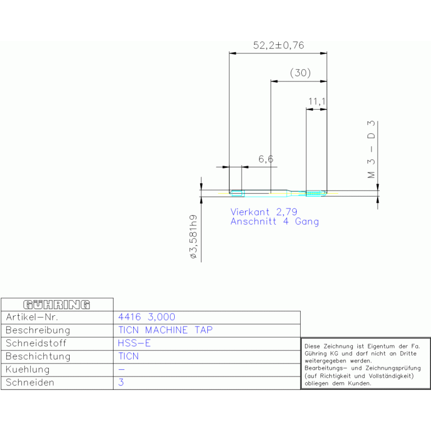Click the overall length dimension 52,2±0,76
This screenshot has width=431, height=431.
[x=279, y=46]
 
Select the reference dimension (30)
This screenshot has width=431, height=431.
[x=300, y=73]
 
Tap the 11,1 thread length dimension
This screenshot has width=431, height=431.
[x=317, y=101]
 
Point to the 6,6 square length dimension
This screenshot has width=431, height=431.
[x=266, y=159]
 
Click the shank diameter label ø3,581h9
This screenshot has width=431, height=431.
[x=193, y=237]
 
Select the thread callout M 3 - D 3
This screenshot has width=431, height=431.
[x=371, y=149]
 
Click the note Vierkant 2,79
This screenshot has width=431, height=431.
[x=264, y=212]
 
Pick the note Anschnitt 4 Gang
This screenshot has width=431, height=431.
[x=275, y=221]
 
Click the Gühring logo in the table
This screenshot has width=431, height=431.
[x=57, y=305]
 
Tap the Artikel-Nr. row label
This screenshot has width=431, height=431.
[x=32, y=317]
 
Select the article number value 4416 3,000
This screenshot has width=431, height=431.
[x=147, y=317]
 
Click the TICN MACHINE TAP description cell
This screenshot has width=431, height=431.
[x=165, y=330]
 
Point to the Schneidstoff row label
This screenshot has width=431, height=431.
[x=36, y=343]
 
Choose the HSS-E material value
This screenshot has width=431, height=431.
[x=134, y=343]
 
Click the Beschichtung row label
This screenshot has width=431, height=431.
[x=38, y=356]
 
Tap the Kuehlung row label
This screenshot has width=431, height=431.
[x=28, y=369]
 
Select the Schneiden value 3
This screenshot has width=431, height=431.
[x=121, y=382]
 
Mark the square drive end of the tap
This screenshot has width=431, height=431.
[x=237, y=193]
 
